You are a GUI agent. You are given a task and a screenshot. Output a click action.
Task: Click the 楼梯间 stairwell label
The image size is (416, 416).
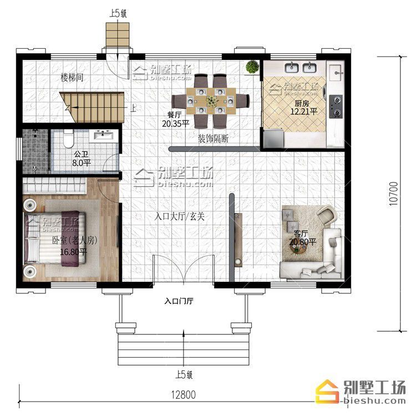tap(72, 78)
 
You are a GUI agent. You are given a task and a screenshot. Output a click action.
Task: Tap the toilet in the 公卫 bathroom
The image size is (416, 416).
tap(68, 139)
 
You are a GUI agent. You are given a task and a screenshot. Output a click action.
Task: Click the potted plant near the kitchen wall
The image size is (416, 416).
tap(252, 67)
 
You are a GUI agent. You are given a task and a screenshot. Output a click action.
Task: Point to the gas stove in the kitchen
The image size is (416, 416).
tap(336, 106)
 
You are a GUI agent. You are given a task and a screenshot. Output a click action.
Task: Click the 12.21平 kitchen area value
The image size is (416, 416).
tap(303, 111)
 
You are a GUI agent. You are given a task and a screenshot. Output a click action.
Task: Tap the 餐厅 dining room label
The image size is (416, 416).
tap(174, 115)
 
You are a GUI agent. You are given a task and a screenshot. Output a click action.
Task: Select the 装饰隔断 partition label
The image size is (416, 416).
tap(214, 139)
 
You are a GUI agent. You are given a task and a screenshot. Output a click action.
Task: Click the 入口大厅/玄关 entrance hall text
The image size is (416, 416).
tap(179, 216)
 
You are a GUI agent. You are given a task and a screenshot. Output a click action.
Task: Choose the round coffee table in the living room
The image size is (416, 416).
tap(298, 248)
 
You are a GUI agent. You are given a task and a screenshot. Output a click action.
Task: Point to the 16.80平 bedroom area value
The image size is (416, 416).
tap(73, 252)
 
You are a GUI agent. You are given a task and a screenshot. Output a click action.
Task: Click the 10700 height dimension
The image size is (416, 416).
tap(393, 194)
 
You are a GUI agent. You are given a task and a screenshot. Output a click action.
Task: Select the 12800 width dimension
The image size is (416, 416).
tap(184, 394)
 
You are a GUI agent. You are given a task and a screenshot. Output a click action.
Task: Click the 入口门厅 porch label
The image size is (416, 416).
tap(179, 301)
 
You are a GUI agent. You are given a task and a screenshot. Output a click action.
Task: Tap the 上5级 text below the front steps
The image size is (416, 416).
tap(184, 374)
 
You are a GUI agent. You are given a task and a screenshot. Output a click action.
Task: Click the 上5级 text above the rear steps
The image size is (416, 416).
tap(118, 13)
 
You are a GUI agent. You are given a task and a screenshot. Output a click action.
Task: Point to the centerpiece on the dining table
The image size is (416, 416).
tap(211, 101)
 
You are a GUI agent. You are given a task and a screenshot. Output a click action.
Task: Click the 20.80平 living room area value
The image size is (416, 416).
tap(302, 242)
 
